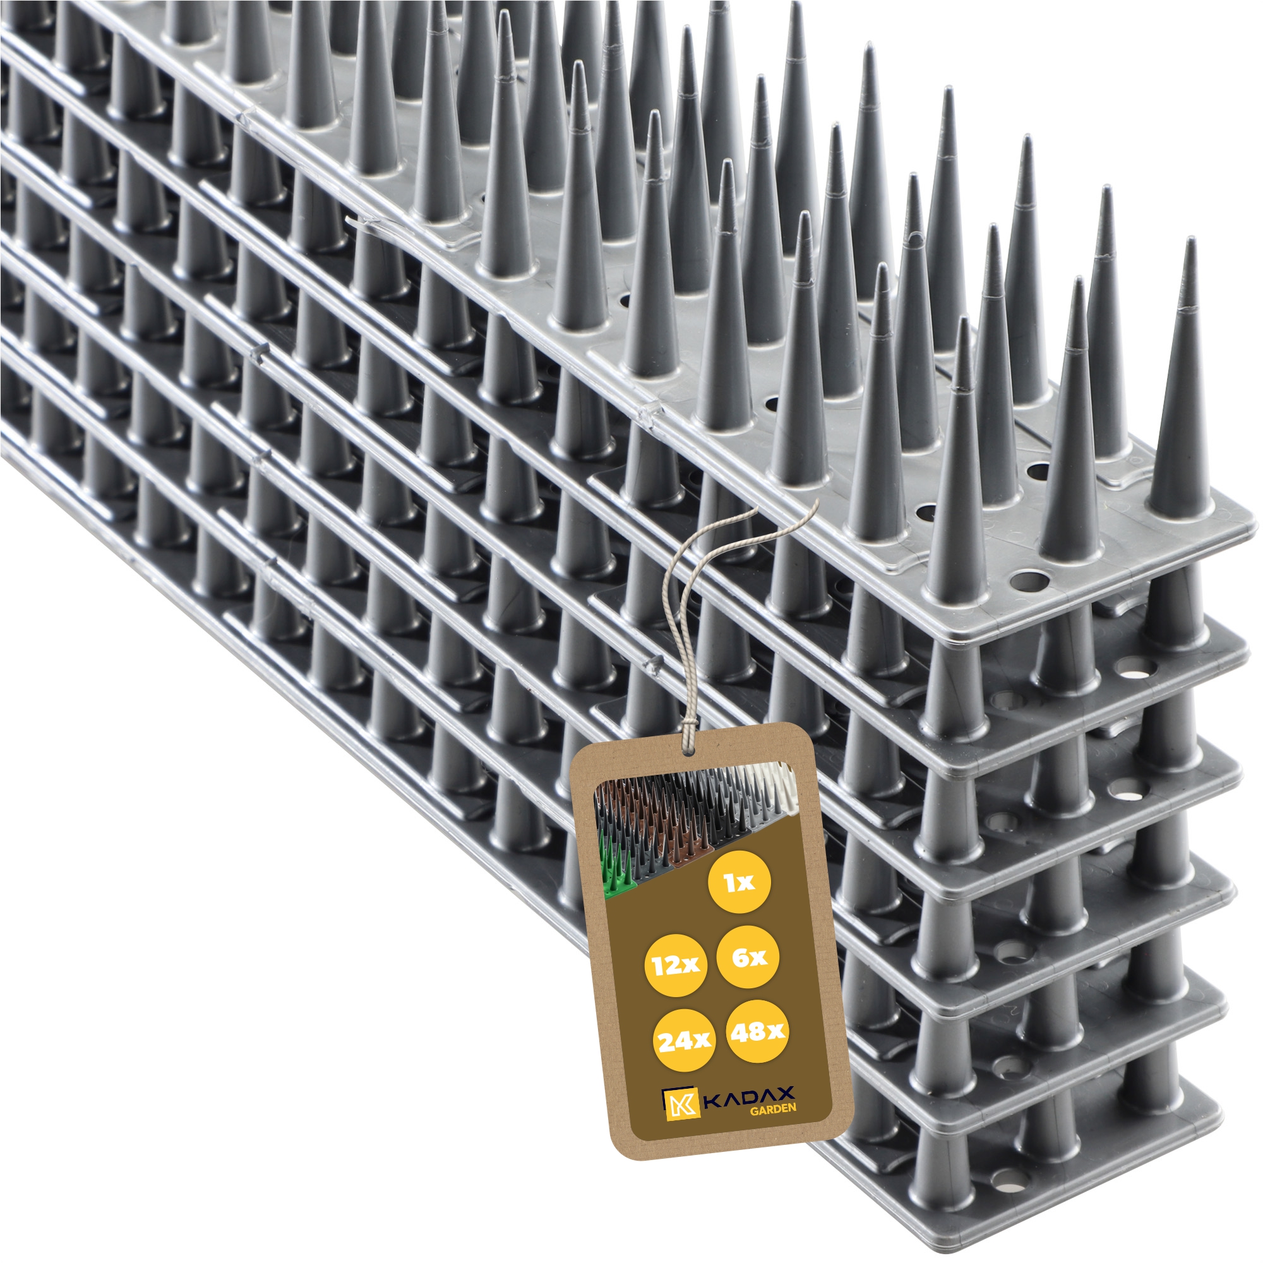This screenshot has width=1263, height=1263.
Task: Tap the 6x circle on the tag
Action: (x=748, y=957)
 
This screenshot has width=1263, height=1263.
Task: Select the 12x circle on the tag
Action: (x=676, y=965)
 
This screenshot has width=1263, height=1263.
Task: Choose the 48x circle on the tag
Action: (x=757, y=1032)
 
